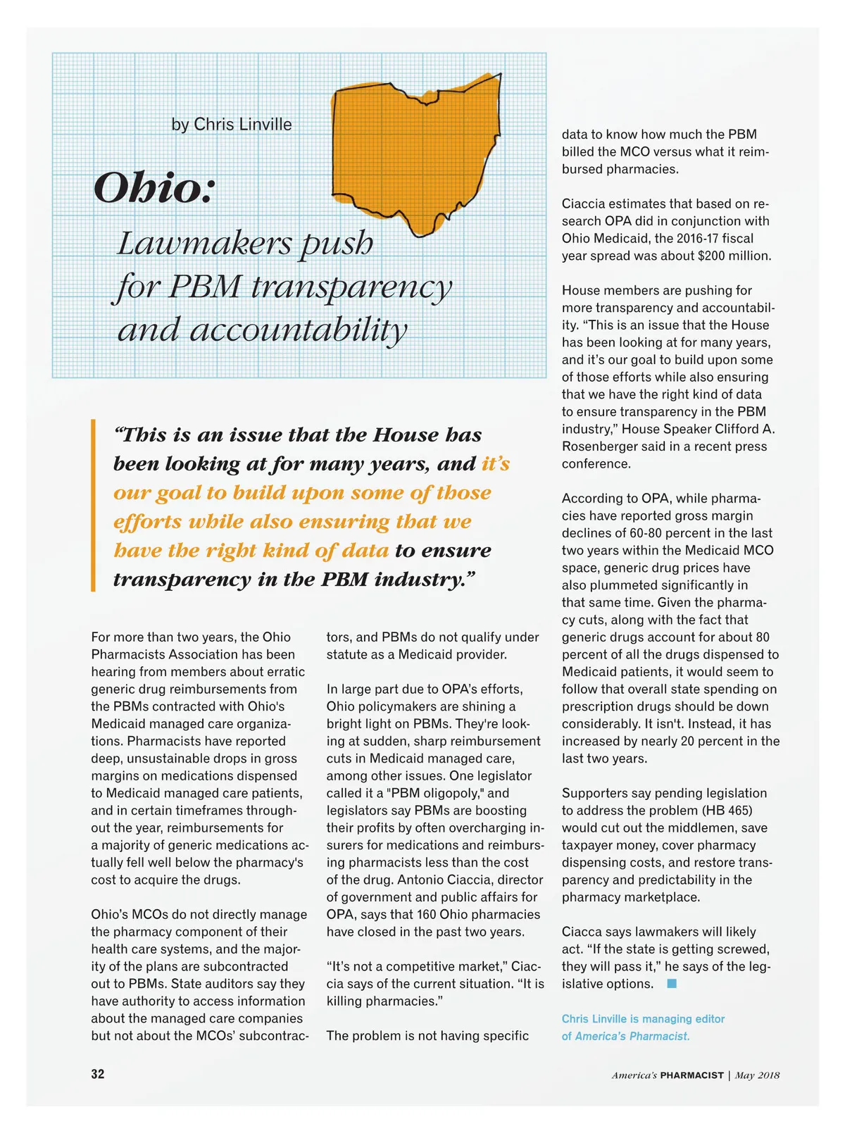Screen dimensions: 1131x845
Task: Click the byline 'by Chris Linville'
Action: tap(231, 125)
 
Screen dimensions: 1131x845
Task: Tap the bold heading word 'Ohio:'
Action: tap(154, 188)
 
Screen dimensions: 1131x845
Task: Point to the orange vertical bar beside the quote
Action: tap(93, 505)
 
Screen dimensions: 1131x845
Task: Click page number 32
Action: tap(98, 1074)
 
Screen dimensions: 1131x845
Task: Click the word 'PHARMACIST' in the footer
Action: tap(691, 1075)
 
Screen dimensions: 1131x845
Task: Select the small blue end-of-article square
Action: tap(672, 984)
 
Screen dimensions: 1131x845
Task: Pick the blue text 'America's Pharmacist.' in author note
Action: tap(632, 1037)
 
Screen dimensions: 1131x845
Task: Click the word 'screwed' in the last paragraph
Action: tap(744, 949)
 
